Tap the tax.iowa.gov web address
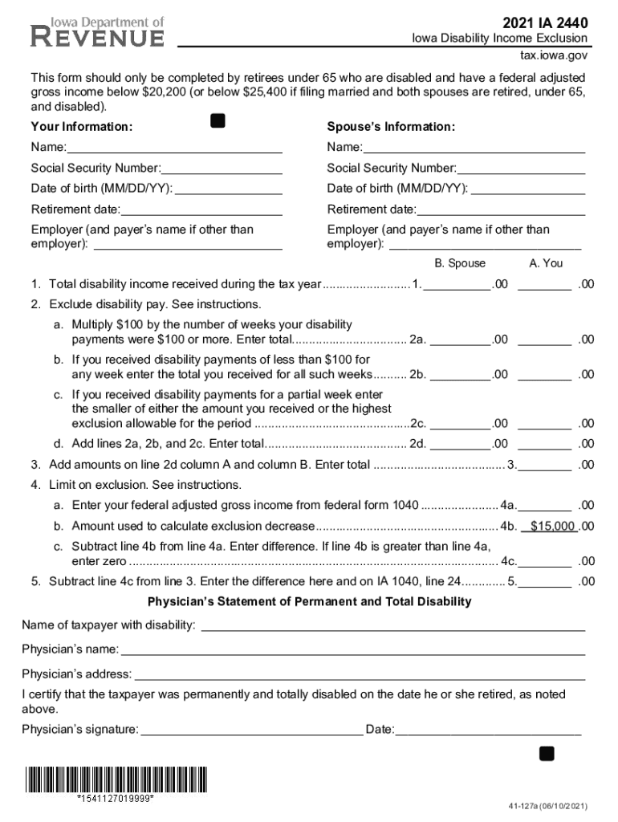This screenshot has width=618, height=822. pyautogui.click(x=551, y=56)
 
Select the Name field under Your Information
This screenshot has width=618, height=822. pyautogui.click(x=174, y=147)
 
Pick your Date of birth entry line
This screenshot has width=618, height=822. pyautogui.click(x=227, y=189)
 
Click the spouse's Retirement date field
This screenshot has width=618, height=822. pyautogui.click(x=501, y=210)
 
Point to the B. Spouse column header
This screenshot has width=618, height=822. pyautogui.click(x=460, y=263)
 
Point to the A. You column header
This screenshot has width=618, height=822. pyautogui.click(x=546, y=263)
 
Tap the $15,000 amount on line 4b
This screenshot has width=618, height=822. pyautogui.click(x=548, y=527)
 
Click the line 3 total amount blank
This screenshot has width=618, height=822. pyautogui.click(x=549, y=464)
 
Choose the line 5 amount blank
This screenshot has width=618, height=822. pyautogui.click(x=549, y=581)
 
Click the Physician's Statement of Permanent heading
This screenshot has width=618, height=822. pyautogui.click(x=310, y=601)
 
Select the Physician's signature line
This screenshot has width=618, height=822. pyautogui.click(x=250, y=730)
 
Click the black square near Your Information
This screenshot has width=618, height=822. pyautogui.click(x=217, y=121)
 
